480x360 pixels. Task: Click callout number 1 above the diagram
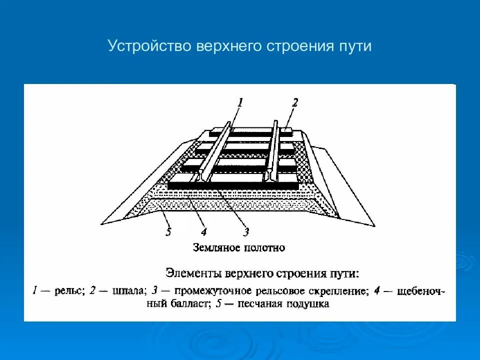[x=240, y=103]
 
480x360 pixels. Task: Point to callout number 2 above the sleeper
[x=295, y=103]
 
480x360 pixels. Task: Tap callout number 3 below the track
[x=245, y=231]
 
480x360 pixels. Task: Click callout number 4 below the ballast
[x=203, y=231]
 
